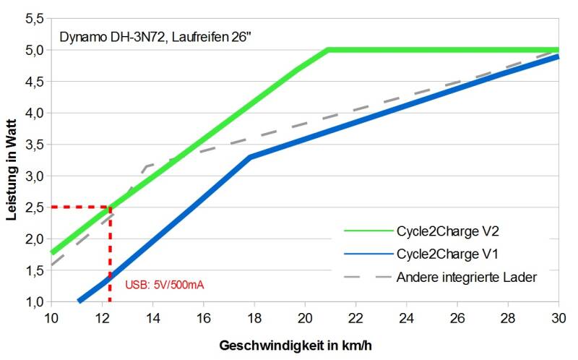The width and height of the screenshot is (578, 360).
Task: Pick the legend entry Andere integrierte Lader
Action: point(466,276)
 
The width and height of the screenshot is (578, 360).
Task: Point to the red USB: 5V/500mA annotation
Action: point(165,285)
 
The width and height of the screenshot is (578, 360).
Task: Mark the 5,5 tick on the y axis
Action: point(33,18)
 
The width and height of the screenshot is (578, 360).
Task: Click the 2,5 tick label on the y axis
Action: point(33,207)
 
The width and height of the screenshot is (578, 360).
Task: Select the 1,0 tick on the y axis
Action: point(33,301)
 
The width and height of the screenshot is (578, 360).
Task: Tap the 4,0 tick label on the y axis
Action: point(33,113)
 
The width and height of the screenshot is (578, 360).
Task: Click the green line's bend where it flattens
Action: point(327,51)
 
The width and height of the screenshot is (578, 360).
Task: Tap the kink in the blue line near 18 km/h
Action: point(249,157)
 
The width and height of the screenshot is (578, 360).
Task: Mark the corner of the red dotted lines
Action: point(110,207)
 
